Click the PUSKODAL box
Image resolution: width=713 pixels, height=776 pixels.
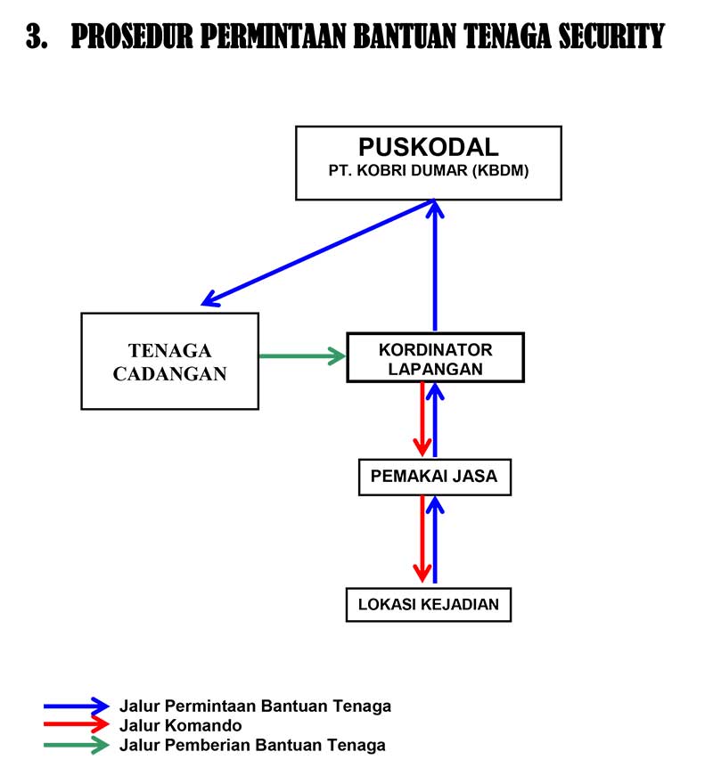pyautogui.click(x=429, y=162)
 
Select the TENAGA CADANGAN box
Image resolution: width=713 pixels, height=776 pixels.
pyautogui.click(x=169, y=361)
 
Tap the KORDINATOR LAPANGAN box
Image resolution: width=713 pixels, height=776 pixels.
pyautogui.click(x=435, y=357)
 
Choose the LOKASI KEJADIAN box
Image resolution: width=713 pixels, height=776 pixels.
pyautogui.click(x=429, y=604)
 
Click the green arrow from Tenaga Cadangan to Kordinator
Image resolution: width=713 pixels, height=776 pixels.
pyautogui.click(x=301, y=356)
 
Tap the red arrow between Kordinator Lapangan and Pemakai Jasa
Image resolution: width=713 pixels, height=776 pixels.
pyautogui.click(x=422, y=419)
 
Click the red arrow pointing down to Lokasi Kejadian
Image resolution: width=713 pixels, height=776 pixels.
pyautogui.click(x=422, y=539)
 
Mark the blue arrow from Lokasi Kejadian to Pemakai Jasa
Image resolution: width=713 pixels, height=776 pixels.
pyautogui.click(x=435, y=539)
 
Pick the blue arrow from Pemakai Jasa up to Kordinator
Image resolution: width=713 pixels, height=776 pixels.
pyautogui.click(x=435, y=419)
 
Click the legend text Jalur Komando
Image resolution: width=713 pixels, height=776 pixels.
pyautogui.click(x=180, y=726)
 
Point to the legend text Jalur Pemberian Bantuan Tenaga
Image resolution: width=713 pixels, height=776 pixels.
pyautogui.click(x=252, y=746)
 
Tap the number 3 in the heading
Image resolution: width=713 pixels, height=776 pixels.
pyautogui.click(x=35, y=37)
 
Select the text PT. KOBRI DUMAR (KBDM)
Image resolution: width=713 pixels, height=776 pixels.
pyautogui.click(x=429, y=171)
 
